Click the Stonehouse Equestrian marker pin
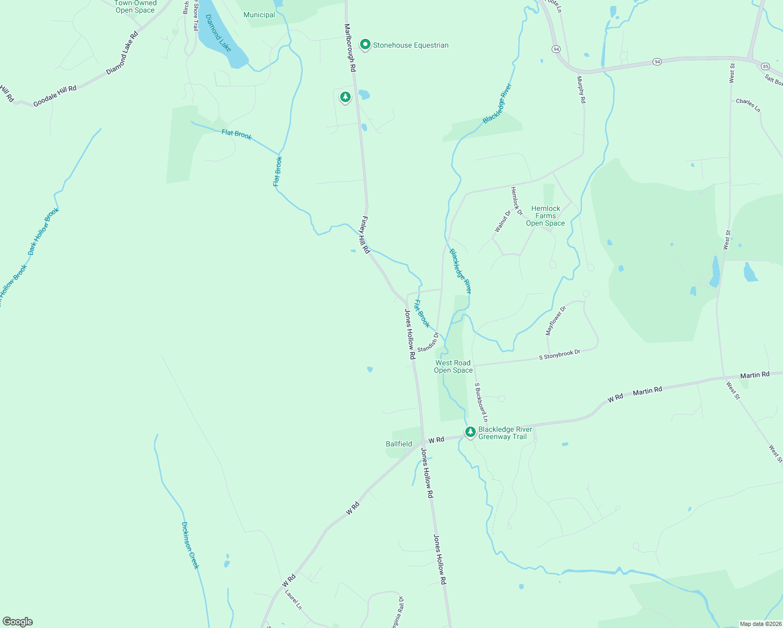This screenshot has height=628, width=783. point(365,45)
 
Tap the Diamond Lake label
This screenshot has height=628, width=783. point(218,33)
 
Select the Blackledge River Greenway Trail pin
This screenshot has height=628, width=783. point(471,432)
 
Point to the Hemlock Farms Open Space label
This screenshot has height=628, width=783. point(545,216)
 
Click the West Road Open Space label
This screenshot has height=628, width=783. point(453,366)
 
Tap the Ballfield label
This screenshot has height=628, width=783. point(399,444)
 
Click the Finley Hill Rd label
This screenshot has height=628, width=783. point(365,235)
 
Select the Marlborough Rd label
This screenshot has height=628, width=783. point(350,48)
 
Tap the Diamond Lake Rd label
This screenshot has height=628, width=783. point(122,52)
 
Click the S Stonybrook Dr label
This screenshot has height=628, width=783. point(560,355)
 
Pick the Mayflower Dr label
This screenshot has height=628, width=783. point(556,321)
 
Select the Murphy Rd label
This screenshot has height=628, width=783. point(580,89)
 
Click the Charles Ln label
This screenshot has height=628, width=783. point(748,105)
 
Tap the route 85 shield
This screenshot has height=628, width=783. point(766,66)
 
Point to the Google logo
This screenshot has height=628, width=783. point(18,622)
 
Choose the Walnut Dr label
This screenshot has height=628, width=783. point(502,221)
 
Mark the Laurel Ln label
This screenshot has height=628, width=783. point(293,600)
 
